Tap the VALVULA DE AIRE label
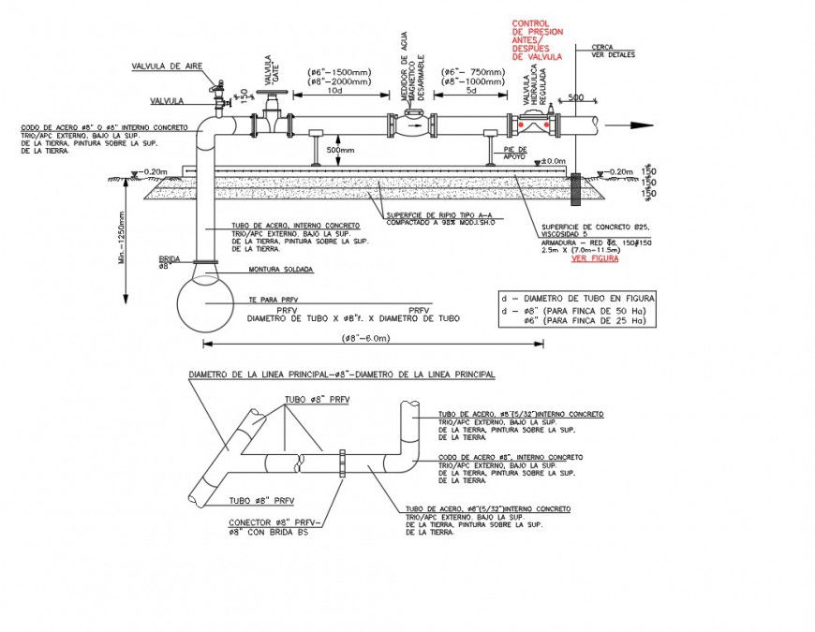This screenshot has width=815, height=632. pyautogui.click(x=167, y=66)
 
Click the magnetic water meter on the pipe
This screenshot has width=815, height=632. pyautogui.click(x=411, y=123)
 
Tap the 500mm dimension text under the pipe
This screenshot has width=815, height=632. pyautogui.click(x=340, y=150)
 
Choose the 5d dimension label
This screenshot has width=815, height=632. pyautogui.click(x=471, y=91)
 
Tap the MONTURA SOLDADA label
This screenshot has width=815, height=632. pyautogui.click(x=280, y=269)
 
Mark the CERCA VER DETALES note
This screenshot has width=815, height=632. pyautogui.click(x=612, y=51)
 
